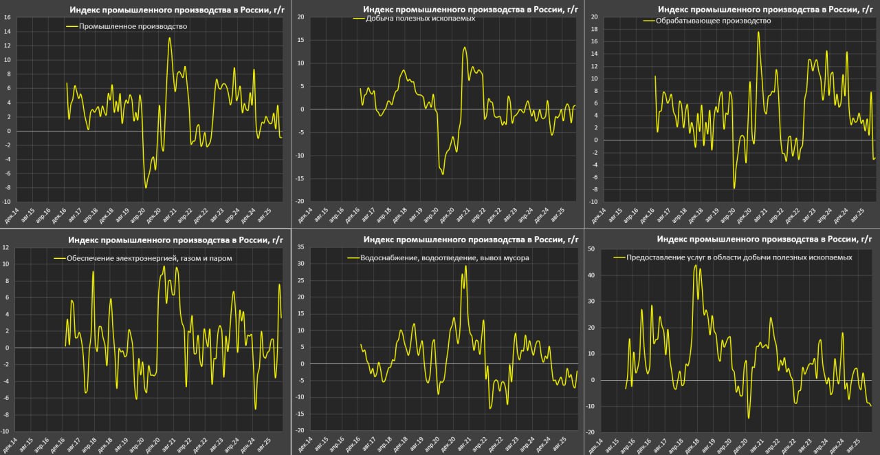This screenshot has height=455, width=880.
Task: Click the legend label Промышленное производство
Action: click(x=133, y=26)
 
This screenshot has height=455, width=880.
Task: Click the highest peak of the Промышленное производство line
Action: click(x=170, y=38)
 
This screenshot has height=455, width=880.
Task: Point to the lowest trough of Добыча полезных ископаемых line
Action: click(x=443, y=174)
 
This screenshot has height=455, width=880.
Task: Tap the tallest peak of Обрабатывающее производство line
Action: click(x=759, y=32)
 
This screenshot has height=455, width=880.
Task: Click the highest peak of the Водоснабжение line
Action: click(x=466, y=266)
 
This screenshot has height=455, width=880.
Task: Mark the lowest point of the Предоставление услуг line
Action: click(x=749, y=418)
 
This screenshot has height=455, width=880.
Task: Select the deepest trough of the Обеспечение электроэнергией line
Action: click(x=255, y=409)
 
